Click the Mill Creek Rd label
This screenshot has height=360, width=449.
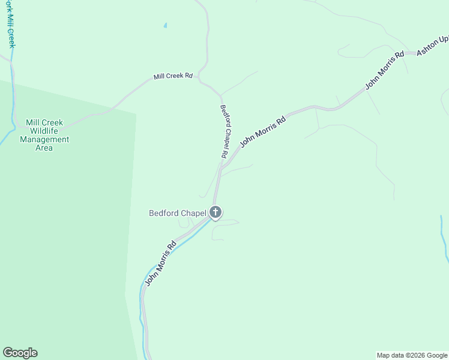pyautogui.click(x=173, y=76)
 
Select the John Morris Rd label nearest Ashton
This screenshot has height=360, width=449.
pyautogui.click(x=385, y=71)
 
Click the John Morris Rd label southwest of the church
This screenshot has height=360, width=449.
pyautogui.click(x=160, y=263)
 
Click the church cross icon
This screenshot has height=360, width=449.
pyautogui.click(x=215, y=212)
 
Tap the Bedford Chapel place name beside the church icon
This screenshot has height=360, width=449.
pyautogui.click(x=178, y=213)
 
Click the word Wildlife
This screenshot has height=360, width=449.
pyautogui.click(x=44, y=131)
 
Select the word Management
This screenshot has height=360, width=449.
pyautogui.click(x=44, y=139)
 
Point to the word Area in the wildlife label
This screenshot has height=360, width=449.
pyautogui.click(x=44, y=148)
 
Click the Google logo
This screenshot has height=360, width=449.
pyautogui.click(x=20, y=353)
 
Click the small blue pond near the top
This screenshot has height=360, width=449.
pyautogui.click(x=165, y=26)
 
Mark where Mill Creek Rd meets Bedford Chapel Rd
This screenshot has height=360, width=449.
pyautogui.click(x=220, y=94)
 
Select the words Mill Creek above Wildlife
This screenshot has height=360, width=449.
pyautogui.click(x=44, y=122)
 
